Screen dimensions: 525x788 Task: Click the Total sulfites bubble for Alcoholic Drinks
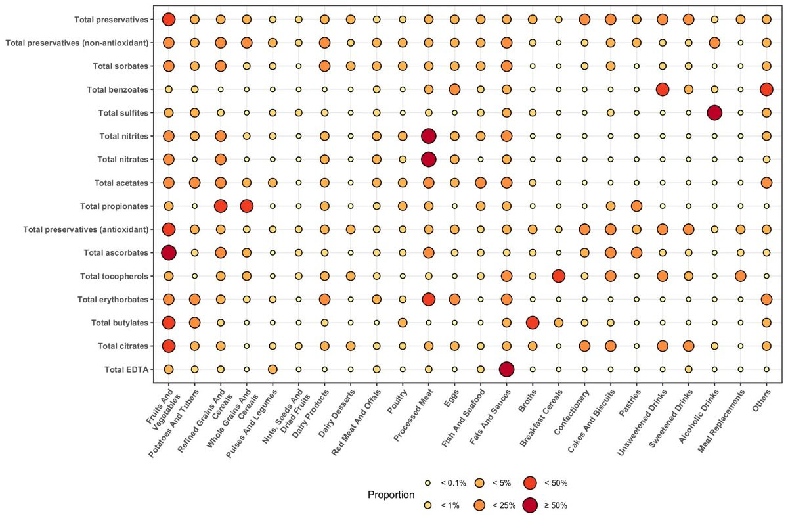coord(714,112)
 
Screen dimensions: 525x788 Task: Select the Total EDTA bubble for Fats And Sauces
coord(506,369)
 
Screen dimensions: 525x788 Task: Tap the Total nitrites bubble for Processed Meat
coord(428,136)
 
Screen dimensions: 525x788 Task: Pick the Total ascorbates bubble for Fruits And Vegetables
coord(169,252)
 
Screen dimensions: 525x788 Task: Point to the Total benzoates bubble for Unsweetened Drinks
coord(663,89)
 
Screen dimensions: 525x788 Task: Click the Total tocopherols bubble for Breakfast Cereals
coord(558,276)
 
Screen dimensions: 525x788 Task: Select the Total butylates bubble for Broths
coord(533,323)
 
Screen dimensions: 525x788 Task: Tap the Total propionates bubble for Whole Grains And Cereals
coord(246,206)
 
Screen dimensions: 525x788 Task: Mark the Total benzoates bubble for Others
coord(766,89)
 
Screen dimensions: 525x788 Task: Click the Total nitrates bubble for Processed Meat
coord(428,159)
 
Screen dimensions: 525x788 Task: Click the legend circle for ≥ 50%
coord(532,505)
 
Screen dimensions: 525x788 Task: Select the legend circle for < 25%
coord(479,505)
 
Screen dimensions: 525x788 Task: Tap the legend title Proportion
coord(391,494)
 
